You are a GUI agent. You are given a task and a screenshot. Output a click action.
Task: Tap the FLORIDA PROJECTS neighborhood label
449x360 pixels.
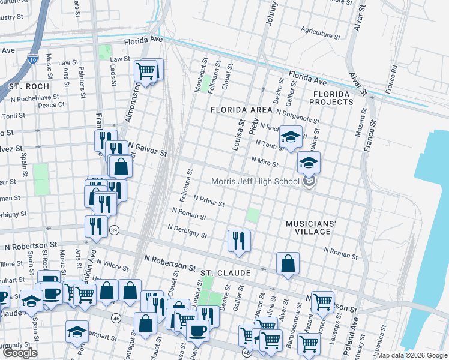tap(331, 98)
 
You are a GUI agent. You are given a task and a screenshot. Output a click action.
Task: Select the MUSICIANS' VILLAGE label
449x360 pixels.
tap(312, 227)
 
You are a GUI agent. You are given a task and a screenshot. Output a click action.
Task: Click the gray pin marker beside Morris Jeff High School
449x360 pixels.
tap(309, 182)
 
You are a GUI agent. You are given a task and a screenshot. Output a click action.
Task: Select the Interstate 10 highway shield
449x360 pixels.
tap(32, 59)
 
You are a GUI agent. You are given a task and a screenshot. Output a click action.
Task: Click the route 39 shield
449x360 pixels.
tap(115, 230)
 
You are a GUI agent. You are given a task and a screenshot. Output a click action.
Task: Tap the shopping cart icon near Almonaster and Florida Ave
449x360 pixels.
tap(146, 71)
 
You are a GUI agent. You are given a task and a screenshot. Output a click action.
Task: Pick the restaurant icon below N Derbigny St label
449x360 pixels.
tap(239, 241)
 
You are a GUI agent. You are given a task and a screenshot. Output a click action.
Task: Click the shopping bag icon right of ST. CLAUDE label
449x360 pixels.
tap(288, 263)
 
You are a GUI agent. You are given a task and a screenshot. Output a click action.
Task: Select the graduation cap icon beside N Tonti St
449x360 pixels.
tap(291, 137)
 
